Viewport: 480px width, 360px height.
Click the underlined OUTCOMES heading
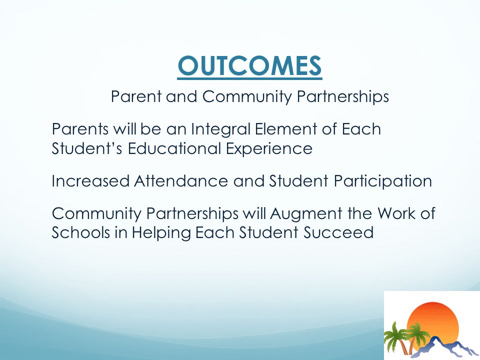pos(249,66)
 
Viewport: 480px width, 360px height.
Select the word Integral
pos(220,129)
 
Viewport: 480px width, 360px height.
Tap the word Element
pos(286,129)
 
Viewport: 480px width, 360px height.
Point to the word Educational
pos(174,148)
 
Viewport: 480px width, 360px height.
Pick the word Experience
pos(269,149)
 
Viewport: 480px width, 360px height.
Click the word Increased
pos(90,181)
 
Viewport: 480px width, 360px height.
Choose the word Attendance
pos(181,181)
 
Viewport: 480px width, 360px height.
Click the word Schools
pos(80,232)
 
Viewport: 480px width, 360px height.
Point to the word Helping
pos(161,233)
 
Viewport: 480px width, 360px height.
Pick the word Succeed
pos(338,232)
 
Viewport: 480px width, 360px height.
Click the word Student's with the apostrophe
pos(87,148)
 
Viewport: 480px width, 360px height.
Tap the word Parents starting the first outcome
pos(80,129)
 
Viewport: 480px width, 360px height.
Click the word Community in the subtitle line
pos(247,97)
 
